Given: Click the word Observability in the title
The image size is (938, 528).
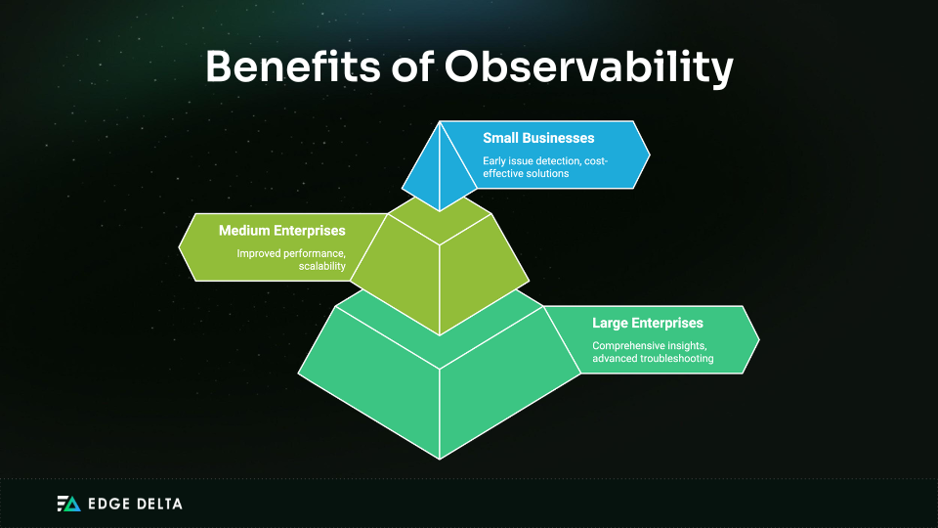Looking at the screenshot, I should coord(588,67).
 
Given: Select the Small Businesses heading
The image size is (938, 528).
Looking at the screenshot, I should coord(537,138).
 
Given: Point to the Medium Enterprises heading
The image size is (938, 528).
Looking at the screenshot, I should coord(281,231).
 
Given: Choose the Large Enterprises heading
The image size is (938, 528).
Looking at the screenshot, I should coord(647,323).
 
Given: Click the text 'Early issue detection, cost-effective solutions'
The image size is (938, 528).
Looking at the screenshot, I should coord(545,167).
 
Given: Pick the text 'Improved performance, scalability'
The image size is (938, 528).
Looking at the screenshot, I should coord(291,259).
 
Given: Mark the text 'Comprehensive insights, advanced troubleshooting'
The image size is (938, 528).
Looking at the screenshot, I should coord(653,352).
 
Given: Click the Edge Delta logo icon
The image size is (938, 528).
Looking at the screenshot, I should coord(68,504).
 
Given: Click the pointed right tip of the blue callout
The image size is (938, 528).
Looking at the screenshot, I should coord(649,154).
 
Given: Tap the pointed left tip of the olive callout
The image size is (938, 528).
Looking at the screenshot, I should coord(181,246).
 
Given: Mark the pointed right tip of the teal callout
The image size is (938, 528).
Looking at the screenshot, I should coord(758,339).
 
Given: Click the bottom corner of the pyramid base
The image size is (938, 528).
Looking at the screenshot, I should coord(440,458).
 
